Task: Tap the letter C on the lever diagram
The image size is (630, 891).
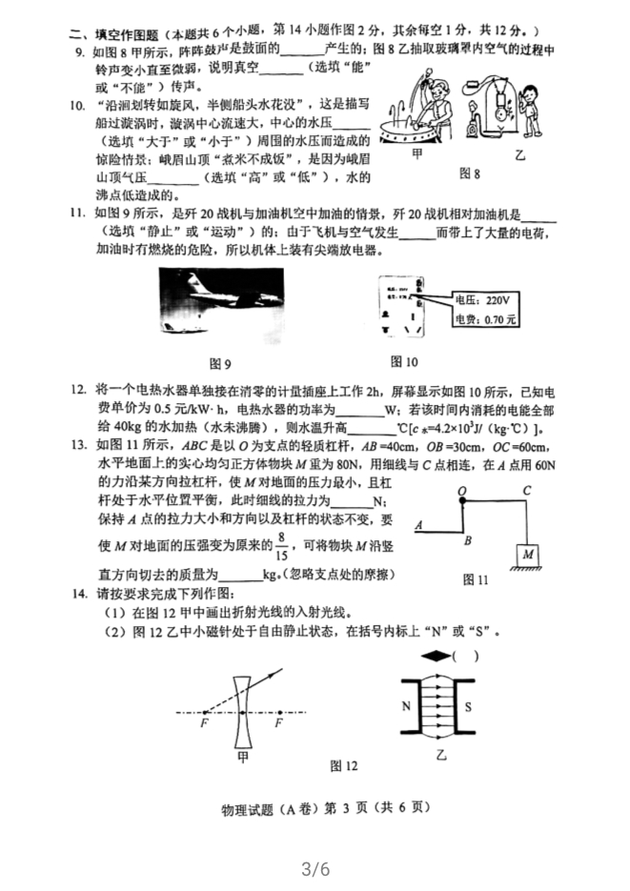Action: click(x=526, y=492)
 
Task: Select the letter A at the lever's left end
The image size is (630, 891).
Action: click(x=418, y=525)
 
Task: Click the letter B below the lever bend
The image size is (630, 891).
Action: click(x=468, y=541)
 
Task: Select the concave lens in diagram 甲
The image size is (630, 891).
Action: click(x=242, y=711)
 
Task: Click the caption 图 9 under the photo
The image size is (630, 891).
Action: click(x=220, y=364)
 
